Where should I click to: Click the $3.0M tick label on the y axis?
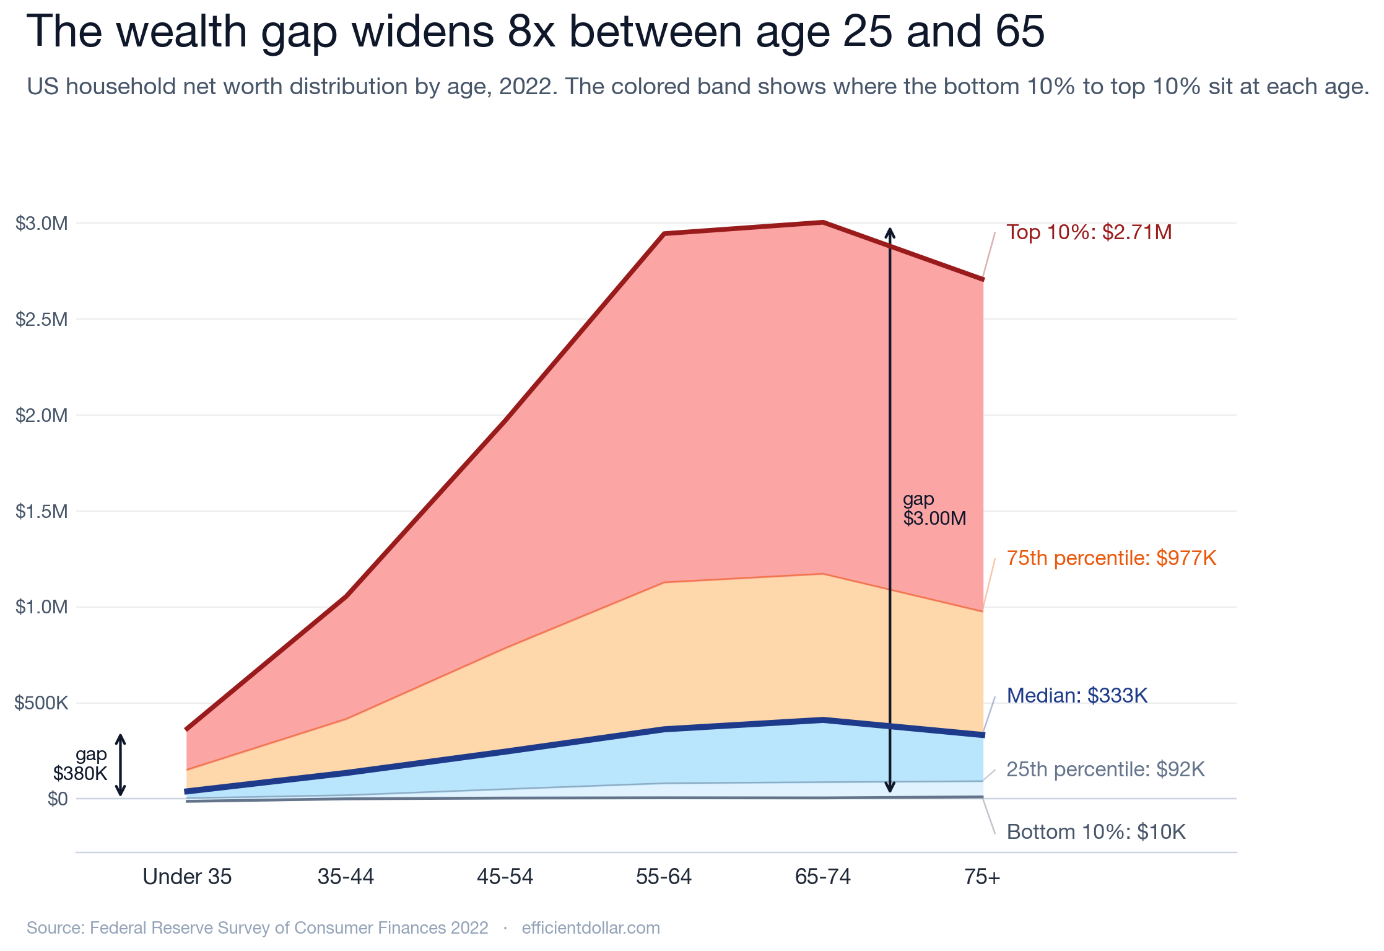tap(41, 224)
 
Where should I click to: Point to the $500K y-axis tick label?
tap(41, 703)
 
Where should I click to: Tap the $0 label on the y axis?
tap(58, 799)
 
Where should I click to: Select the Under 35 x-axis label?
tap(187, 877)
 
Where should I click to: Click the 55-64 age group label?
tap(664, 877)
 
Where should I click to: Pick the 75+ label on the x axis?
tap(982, 877)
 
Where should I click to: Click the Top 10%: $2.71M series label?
tap(1089, 232)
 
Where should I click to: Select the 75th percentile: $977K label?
tap(1111, 558)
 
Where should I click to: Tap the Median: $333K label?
tap(1077, 696)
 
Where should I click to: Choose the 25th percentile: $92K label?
tap(1105, 769)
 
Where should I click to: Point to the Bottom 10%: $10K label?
tap(1096, 832)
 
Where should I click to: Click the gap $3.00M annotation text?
tap(934, 509)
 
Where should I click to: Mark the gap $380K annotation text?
tap(82, 764)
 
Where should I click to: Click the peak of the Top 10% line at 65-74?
tap(823, 222)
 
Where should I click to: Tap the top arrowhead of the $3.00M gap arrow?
tap(890, 232)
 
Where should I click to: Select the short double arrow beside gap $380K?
tap(121, 765)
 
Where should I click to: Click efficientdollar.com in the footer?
tap(591, 928)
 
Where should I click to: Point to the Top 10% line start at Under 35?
tap(187, 730)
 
